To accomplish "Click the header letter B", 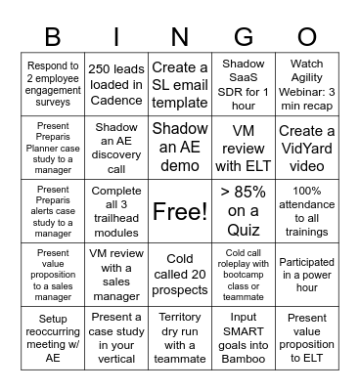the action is click(53, 36).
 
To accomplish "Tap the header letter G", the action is click(244, 36).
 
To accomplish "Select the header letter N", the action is click(180, 36).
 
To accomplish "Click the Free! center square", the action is click(180, 211).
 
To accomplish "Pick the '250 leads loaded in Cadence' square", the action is click(116, 85).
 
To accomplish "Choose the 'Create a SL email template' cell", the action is click(180, 85).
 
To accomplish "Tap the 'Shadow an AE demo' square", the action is click(180, 148).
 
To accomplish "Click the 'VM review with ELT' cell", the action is click(244, 148).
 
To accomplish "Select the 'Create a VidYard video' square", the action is click(307, 148).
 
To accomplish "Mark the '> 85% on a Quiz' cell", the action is click(244, 211).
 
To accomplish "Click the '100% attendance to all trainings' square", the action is click(307, 211).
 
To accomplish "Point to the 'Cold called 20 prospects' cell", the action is click(180, 275).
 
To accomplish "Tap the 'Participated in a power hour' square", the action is click(307, 275).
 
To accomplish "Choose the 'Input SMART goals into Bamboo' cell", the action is click(244, 337).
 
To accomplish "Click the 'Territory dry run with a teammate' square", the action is click(180, 337).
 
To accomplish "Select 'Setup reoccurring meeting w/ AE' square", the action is click(53, 337).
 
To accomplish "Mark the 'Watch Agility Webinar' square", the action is click(307, 85).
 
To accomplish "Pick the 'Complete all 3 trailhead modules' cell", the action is click(116, 211).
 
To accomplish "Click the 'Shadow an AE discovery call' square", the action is click(116, 148).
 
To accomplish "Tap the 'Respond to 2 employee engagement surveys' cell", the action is click(53, 85).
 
